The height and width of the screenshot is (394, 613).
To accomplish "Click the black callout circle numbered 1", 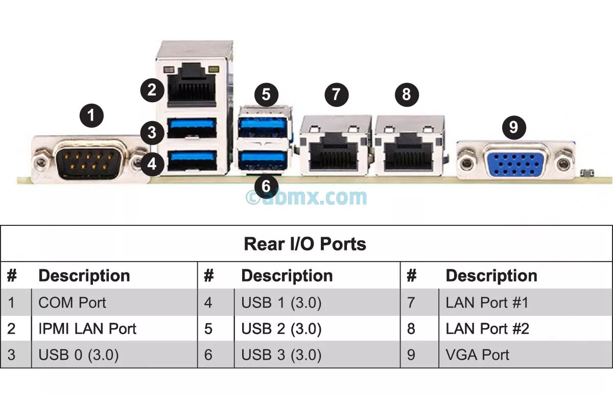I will (91, 115).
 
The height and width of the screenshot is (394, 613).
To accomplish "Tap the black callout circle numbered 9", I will (514, 127).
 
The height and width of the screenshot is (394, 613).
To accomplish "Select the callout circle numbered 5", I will (266, 94).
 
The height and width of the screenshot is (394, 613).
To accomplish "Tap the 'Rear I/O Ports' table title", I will (305, 244).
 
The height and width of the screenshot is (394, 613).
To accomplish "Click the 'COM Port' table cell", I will (72, 303).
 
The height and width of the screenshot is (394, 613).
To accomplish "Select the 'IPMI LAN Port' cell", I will (87, 329).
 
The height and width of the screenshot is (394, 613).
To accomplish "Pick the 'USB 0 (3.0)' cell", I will (78, 355).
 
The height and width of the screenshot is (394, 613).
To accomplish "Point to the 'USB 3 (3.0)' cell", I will (281, 355).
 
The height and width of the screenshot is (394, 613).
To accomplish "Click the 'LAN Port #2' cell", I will (487, 329).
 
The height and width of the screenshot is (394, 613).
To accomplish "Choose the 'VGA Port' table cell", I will (477, 355).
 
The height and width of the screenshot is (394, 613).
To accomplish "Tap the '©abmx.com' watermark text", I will (306, 197).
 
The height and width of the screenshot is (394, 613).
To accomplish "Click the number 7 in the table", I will (411, 303).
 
